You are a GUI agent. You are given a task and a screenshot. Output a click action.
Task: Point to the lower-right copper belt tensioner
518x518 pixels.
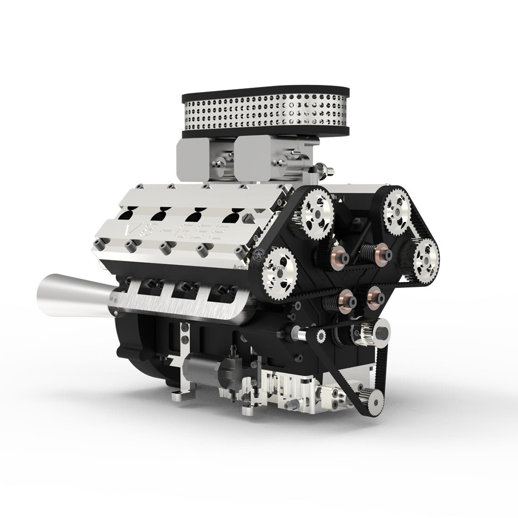pyautogui.click(x=375, y=296)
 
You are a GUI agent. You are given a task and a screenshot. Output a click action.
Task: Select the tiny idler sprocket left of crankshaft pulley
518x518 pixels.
pyautogui.click(x=322, y=336)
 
